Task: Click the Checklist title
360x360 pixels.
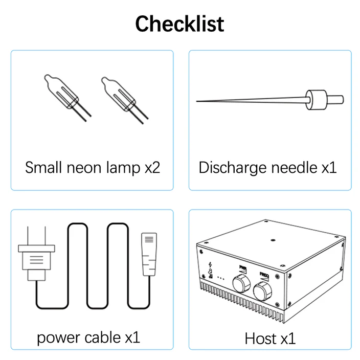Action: pos(179,24)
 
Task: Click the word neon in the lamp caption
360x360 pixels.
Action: pos(84,168)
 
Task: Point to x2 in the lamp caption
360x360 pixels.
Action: pos(152,168)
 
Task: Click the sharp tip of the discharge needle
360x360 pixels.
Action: pos(197,101)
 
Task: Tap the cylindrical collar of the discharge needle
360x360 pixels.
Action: pos(316,100)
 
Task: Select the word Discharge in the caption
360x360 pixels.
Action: pos(233,168)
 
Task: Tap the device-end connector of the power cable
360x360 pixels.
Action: pos(149,254)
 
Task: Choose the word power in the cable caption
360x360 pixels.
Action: pos(58,338)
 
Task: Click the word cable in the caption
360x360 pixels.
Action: pos(103,337)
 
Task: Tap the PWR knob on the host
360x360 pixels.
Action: pos(241,284)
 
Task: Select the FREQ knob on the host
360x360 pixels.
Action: pos(262,291)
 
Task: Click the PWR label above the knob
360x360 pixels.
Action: pos(243,268)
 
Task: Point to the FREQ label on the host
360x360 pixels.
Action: pos(264,275)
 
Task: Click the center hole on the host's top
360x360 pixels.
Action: pos(273,240)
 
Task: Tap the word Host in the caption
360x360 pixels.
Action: pos(260,339)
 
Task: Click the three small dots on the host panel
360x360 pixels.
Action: pos(220,278)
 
